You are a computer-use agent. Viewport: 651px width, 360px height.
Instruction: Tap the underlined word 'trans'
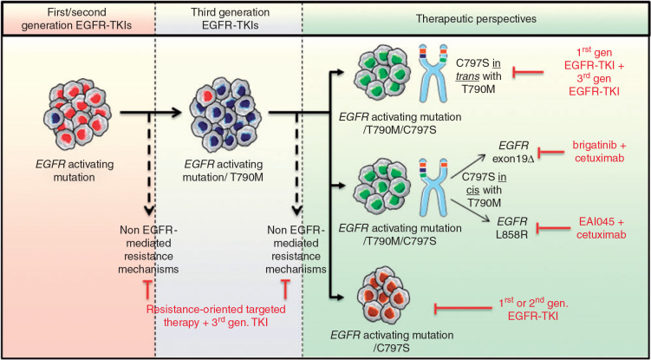[492, 74]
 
